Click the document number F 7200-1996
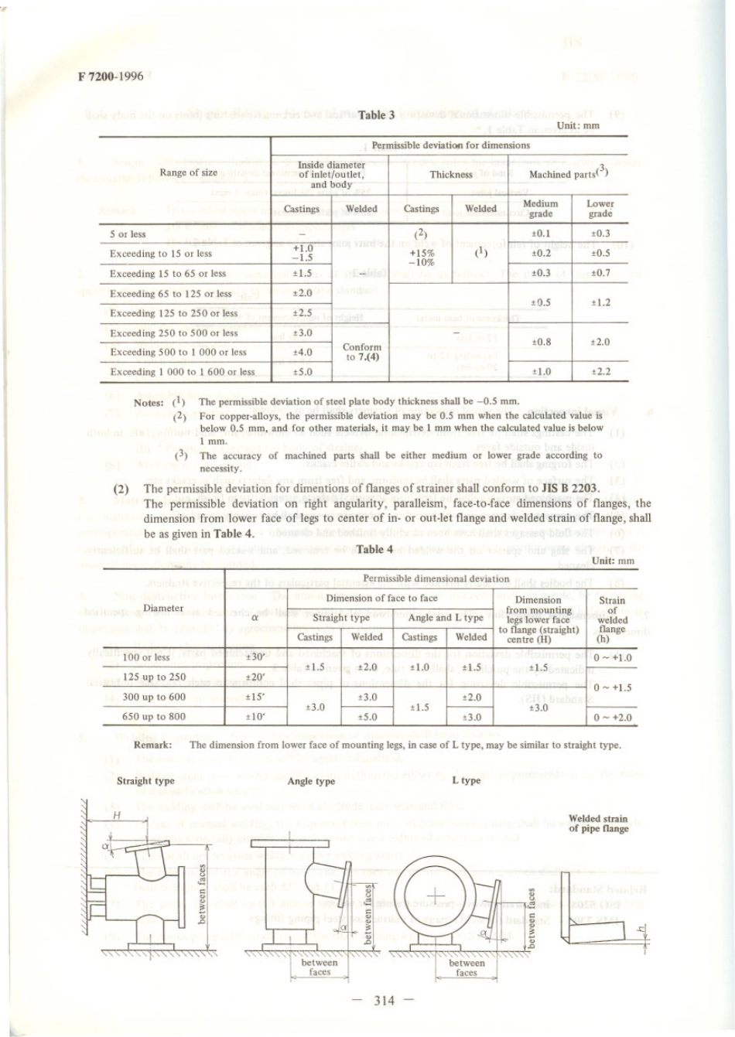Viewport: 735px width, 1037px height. point(111,76)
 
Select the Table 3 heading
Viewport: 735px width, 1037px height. point(376,115)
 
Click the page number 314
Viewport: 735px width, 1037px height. point(384,1001)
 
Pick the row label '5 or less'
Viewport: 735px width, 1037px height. point(128,234)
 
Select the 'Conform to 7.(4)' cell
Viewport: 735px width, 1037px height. point(362,352)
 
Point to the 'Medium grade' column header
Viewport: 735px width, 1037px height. point(540,209)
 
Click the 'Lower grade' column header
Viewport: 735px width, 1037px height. point(600,209)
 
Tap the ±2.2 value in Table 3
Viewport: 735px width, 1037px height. point(600,372)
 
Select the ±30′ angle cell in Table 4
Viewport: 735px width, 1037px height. point(255,657)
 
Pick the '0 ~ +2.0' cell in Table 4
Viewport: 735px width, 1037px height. point(612,718)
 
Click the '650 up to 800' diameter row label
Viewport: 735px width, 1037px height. point(154,717)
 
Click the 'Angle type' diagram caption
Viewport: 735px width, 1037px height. point(311,781)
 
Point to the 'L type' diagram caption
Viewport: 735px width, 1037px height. point(466,781)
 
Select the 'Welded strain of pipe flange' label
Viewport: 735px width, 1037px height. point(598,824)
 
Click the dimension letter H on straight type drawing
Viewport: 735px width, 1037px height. point(117,815)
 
